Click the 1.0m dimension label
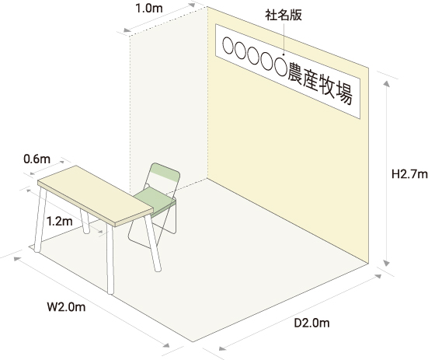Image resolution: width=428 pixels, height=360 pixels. tap(149, 9)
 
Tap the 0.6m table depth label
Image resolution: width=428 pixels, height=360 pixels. tap(37, 159)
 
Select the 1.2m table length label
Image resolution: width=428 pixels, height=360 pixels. tap(59, 221)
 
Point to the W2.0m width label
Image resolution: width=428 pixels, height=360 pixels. tap(66, 307)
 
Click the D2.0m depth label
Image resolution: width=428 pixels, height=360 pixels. tap(311, 323)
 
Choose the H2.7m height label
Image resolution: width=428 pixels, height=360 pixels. tap(409, 174)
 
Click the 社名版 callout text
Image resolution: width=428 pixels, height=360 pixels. tap(284, 16)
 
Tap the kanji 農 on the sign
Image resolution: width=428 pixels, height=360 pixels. tap(295, 73)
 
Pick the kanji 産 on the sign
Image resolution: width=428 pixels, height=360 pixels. tap(311, 80)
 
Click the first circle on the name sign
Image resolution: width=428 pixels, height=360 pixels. tap(228, 45)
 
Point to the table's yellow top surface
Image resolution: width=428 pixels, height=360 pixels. tap(96, 194)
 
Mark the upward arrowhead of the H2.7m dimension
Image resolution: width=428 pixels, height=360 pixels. tap(386, 83)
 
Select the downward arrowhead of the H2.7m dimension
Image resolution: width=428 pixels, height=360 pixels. tap(386, 263)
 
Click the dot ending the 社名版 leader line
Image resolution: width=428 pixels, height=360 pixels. tap(284, 54)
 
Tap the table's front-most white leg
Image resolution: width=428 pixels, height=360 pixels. tap(110, 259)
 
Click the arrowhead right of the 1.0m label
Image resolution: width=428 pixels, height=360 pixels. tap(192, 5)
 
